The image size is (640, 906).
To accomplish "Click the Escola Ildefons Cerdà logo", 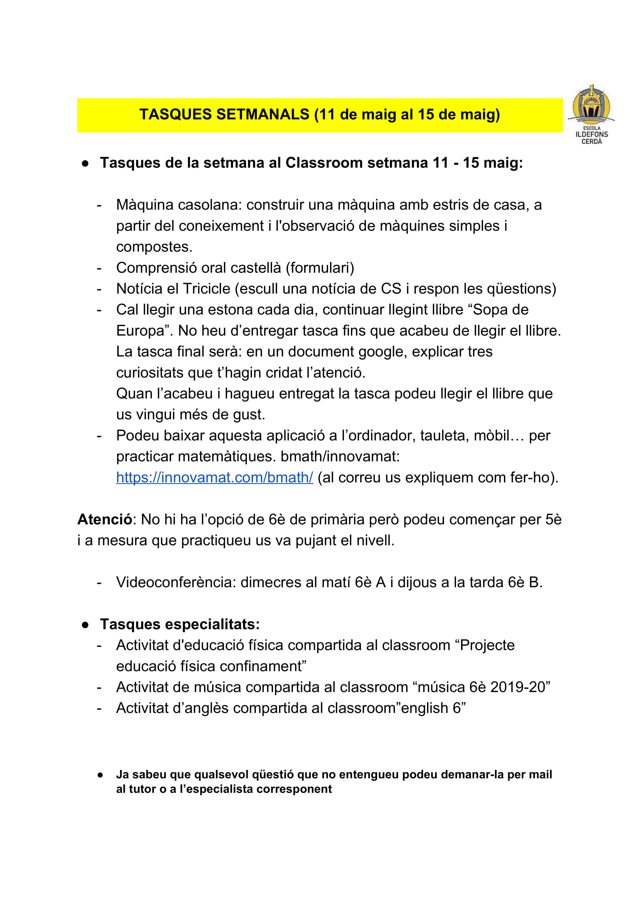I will pyautogui.click(x=591, y=115).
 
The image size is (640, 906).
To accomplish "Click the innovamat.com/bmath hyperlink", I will pyautogui.click(x=214, y=477).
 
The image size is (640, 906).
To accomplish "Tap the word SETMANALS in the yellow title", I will pyautogui.click(x=263, y=115).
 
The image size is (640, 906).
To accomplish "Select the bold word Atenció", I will pyautogui.click(x=104, y=519).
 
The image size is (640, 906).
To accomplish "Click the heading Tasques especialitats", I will pyautogui.click(x=180, y=624).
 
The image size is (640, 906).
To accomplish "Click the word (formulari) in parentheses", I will pyautogui.click(x=320, y=268).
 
